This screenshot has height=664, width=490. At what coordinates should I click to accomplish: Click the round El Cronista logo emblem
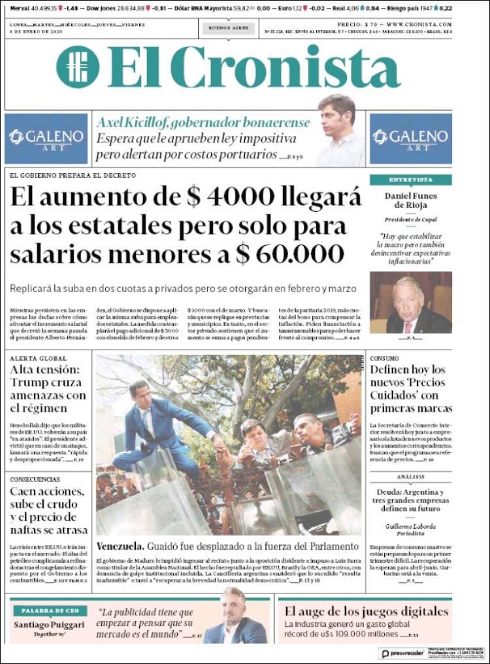(78, 66)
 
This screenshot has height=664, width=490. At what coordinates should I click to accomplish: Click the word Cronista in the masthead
(289, 67)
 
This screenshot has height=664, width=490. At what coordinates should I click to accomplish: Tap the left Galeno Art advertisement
(46, 139)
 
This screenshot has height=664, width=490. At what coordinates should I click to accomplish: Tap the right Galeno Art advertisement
(410, 139)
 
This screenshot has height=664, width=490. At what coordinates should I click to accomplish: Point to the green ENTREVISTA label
(410, 180)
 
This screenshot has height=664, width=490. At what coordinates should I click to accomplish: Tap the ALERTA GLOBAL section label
(39, 359)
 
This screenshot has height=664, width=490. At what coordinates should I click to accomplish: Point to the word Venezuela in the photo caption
(120, 546)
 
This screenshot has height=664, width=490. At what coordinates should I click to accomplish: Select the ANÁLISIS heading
(410, 477)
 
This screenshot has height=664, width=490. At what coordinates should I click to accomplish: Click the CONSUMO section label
(385, 359)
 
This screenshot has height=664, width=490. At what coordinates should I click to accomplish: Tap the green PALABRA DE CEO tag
(50, 610)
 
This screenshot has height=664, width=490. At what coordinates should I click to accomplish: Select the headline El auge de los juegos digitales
(366, 612)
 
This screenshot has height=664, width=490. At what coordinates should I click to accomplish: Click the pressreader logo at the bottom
(400, 653)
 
